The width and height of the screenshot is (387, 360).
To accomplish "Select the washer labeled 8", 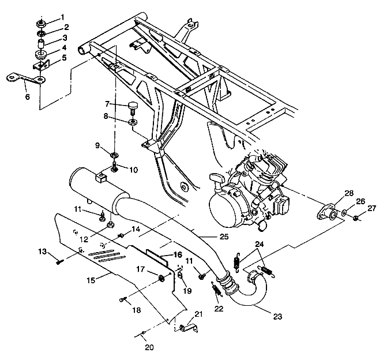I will point(133,122).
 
